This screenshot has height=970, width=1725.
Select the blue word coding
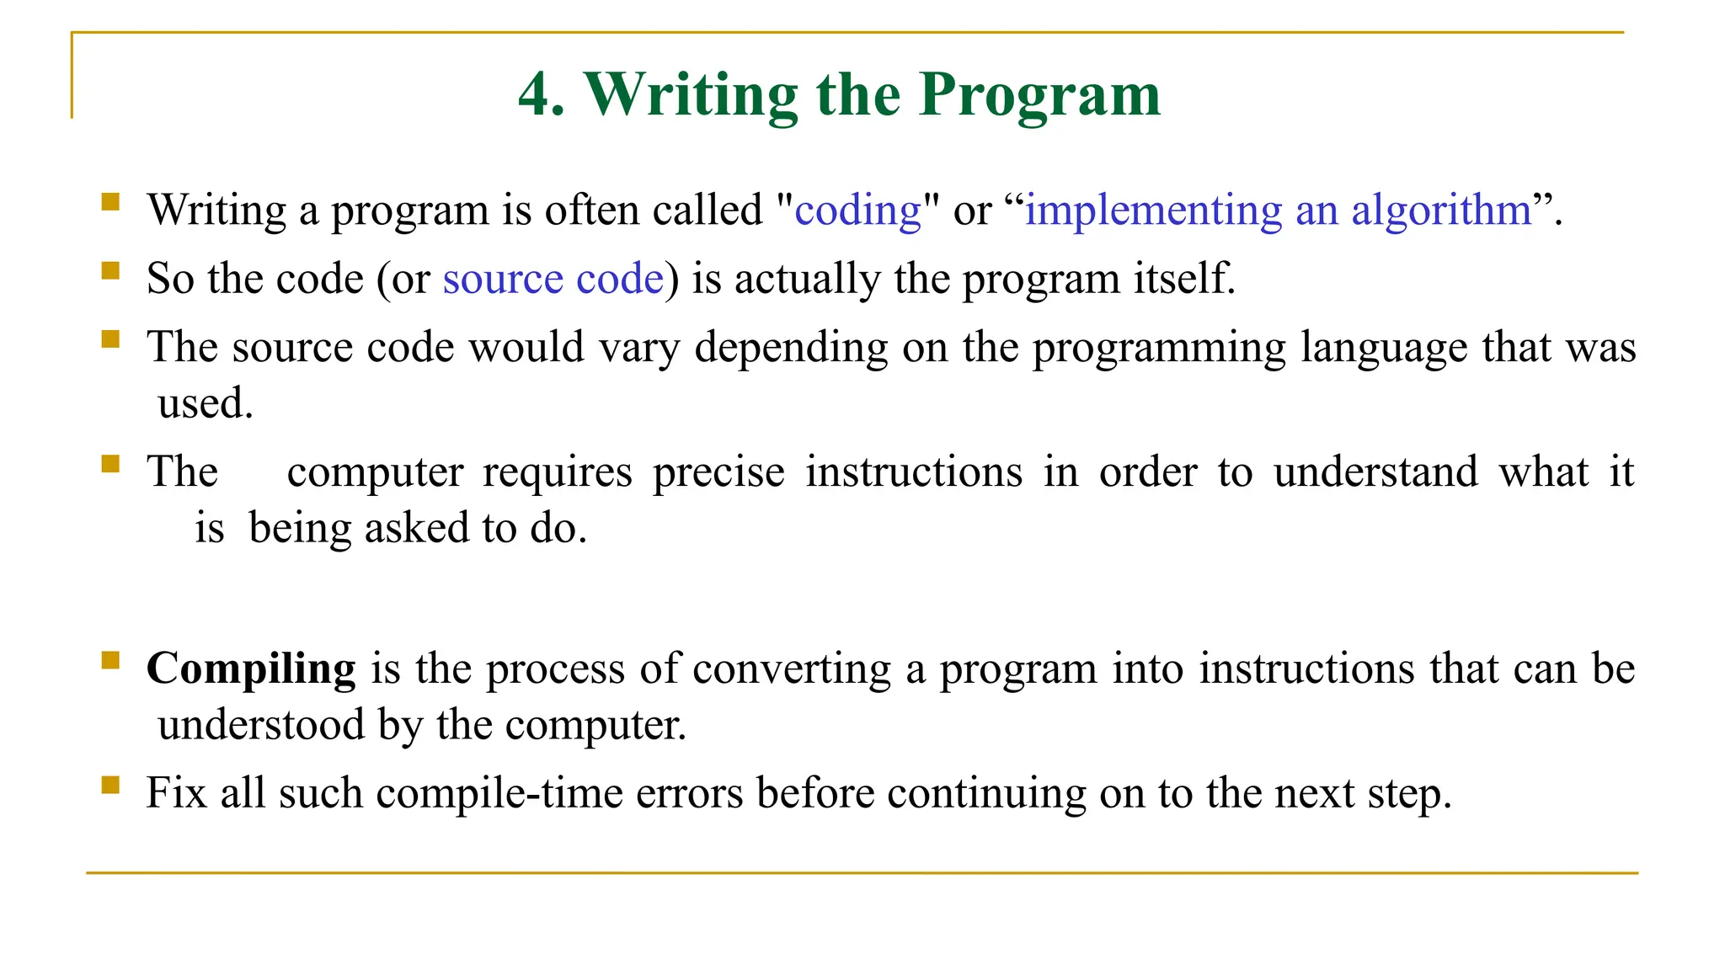(857, 211)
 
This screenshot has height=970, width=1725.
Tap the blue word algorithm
(1441, 211)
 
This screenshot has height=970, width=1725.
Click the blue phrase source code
(553, 279)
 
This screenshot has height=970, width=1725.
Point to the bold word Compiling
(251, 669)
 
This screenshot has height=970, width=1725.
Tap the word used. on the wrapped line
(206, 403)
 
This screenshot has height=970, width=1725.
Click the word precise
(718, 472)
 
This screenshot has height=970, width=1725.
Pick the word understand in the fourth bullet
(1375, 472)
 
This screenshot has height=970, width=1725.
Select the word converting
(791, 669)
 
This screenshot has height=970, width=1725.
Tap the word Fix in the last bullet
(176, 793)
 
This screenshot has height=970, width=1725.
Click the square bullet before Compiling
(110, 660)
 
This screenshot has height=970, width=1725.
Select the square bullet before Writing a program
(110, 202)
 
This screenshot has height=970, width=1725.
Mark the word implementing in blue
(1153, 211)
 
